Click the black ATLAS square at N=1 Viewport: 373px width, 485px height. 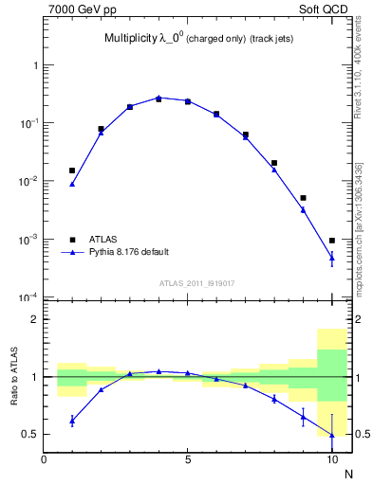click(72, 171)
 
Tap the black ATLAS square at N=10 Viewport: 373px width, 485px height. click(331, 241)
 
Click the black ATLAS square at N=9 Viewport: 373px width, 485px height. click(303, 198)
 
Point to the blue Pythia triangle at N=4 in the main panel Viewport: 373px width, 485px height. click(159, 97)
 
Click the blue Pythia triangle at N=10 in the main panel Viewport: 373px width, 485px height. click(331, 257)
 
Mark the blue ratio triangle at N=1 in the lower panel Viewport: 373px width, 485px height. click(72, 421)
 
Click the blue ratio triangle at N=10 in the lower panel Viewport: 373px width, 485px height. click(331, 435)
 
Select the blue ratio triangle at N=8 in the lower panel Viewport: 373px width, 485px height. click(274, 399)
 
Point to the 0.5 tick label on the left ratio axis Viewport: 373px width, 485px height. click(30, 435)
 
